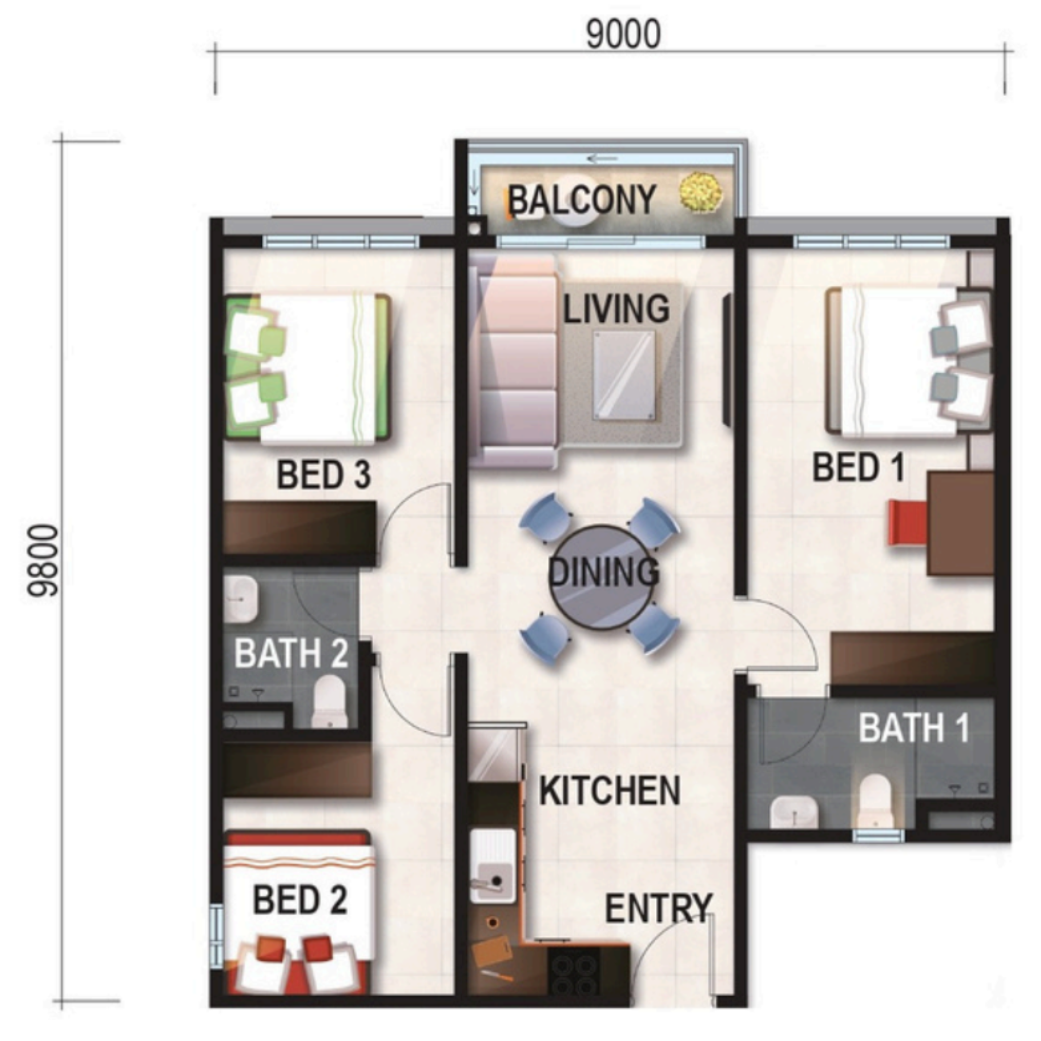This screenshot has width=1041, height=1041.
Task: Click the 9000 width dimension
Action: (x=623, y=35)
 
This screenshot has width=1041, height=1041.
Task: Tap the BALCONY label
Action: (x=581, y=199)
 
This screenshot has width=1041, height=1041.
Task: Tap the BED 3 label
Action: (x=324, y=475)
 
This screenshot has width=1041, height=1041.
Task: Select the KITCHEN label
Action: (x=610, y=791)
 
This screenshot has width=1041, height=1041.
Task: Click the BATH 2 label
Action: (x=291, y=653)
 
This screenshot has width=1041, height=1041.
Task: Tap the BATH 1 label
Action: (x=915, y=728)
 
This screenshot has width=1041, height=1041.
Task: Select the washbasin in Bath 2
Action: (x=241, y=599)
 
